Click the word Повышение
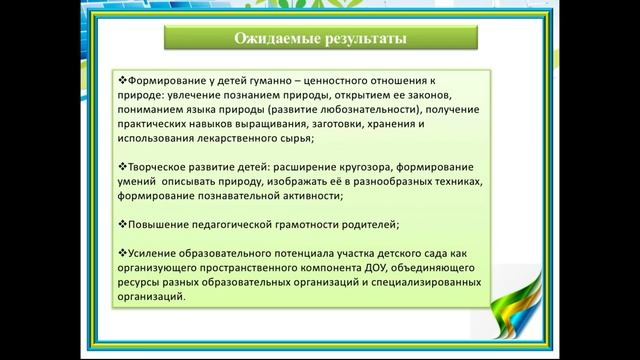coord(159,223)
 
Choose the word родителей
coord(367,223)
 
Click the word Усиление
coord(154,252)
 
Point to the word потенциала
coord(296,252)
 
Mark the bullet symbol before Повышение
coord(123,223)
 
